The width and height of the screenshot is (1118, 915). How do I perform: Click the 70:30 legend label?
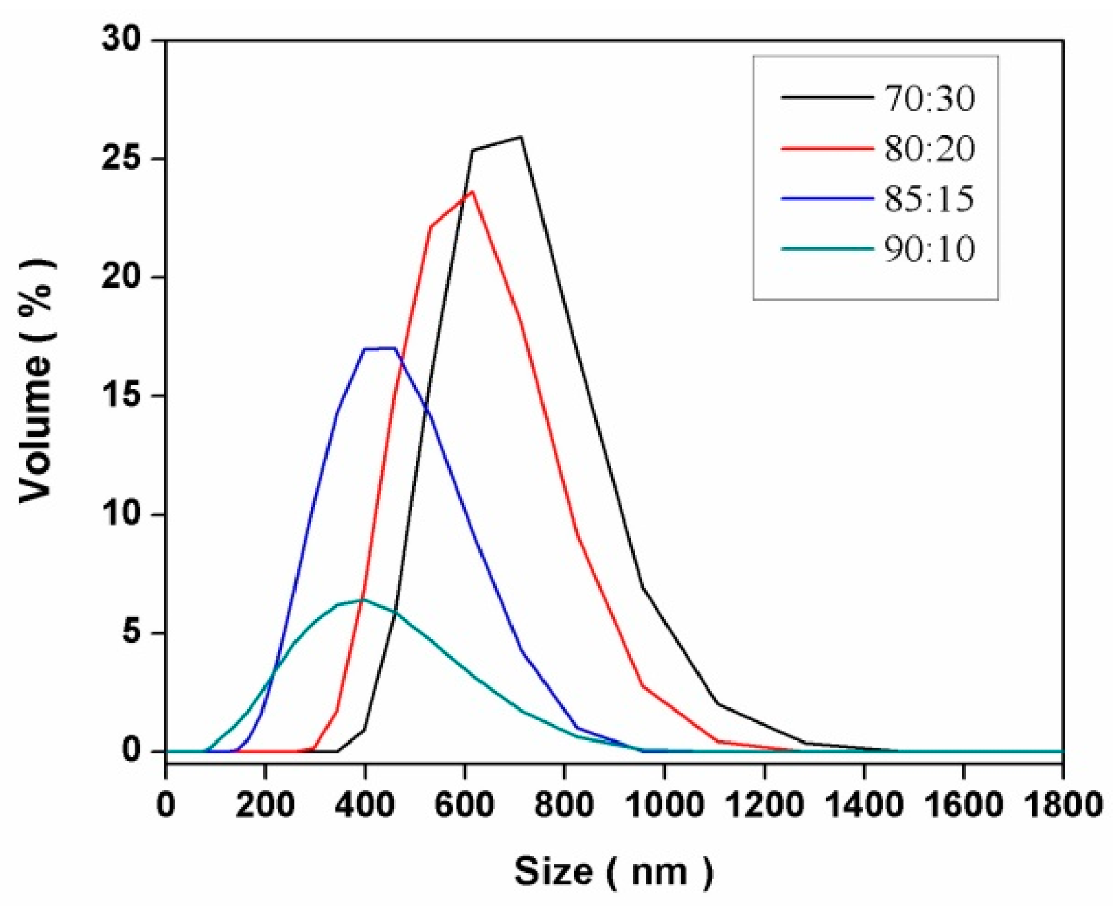click(x=929, y=99)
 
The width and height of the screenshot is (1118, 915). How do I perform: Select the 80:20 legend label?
click(x=929, y=149)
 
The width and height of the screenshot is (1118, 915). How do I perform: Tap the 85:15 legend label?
click(x=929, y=199)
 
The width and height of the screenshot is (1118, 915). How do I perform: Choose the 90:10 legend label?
click(x=929, y=250)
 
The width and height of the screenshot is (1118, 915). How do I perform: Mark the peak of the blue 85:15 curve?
click(x=394, y=348)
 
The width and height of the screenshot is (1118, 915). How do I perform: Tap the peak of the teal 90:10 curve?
click(x=363, y=599)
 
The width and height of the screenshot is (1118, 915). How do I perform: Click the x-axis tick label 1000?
click(x=664, y=805)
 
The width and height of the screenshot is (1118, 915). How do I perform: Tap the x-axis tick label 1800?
click(x=1063, y=805)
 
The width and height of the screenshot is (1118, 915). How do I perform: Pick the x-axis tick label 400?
click(x=365, y=805)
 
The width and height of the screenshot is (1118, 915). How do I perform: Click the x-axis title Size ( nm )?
click(x=613, y=871)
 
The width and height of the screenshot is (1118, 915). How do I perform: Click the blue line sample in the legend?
click(x=827, y=199)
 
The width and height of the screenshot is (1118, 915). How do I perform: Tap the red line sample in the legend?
click(x=827, y=148)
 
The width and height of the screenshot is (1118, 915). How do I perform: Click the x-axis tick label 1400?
click(x=863, y=805)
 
